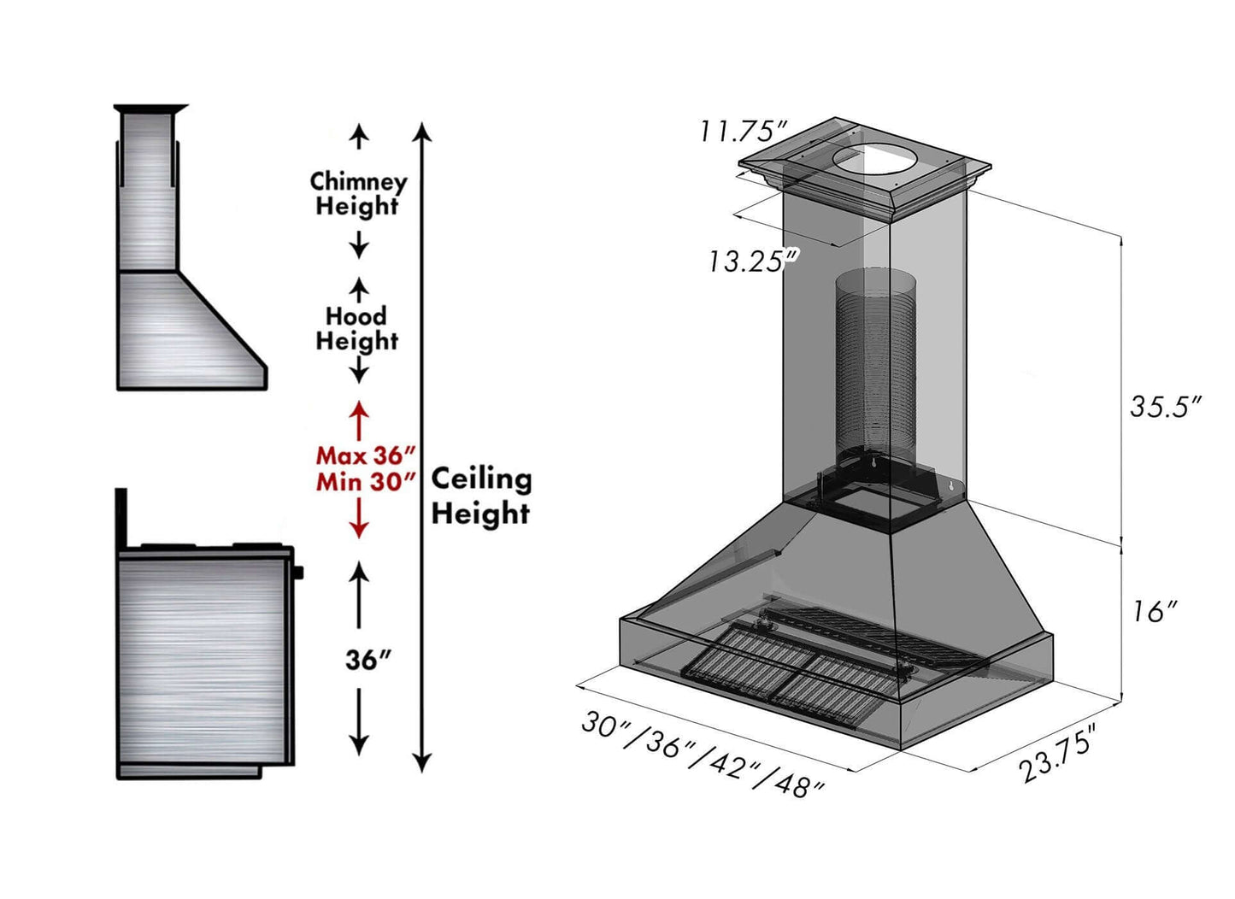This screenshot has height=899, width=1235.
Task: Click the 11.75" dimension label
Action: [743, 132]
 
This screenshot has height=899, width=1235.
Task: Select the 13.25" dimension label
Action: [752, 261]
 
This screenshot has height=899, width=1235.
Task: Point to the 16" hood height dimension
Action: [1155, 611]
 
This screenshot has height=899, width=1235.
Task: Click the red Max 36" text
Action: [365, 455]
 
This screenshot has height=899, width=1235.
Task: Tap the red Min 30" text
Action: [365, 482]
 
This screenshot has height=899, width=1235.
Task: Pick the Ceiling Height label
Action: [480, 497]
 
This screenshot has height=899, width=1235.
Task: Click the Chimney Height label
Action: [358, 194]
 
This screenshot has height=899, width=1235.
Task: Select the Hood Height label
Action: [356, 328]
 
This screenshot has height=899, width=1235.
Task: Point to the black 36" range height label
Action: [368, 660]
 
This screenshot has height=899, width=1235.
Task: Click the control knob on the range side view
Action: [298, 572]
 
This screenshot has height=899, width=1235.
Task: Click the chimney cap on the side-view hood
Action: [150, 109]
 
